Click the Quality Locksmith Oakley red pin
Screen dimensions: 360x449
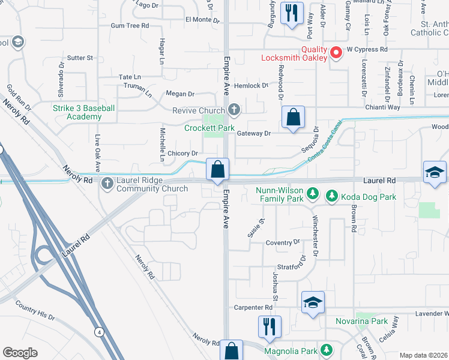(x=336, y=53)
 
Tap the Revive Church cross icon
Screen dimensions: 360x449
(x=234, y=110)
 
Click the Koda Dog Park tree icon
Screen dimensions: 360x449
(x=331, y=195)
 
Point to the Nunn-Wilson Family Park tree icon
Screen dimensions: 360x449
(x=312, y=193)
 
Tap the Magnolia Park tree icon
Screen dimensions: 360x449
(x=327, y=349)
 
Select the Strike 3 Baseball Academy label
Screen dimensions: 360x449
(x=83, y=112)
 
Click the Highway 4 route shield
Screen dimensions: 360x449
(x=97, y=331)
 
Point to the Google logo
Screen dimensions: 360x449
(x=20, y=353)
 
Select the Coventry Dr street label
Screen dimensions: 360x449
(x=282, y=242)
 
